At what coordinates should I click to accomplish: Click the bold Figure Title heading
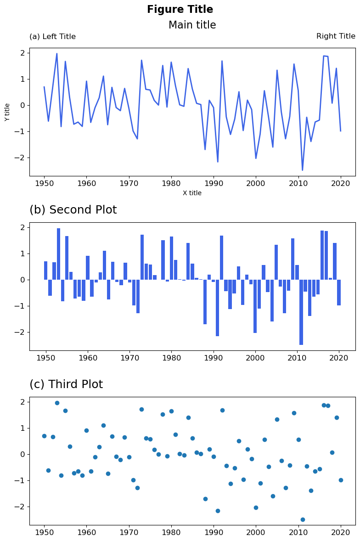(180, 10)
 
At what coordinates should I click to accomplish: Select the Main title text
(192, 25)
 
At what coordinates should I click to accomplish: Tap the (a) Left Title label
(52, 37)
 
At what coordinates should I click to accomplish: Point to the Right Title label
(336, 36)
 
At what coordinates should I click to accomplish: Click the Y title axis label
(7, 112)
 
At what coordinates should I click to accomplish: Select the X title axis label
(192, 193)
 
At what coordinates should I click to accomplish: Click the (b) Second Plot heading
(73, 210)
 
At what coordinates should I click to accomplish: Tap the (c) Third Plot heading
(66, 384)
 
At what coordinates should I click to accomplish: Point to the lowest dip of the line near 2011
(302, 170)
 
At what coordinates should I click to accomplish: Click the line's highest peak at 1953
(57, 54)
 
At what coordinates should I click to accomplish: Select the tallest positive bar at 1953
(59, 254)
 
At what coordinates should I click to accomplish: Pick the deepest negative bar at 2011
(301, 312)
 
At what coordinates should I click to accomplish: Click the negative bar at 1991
(218, 308)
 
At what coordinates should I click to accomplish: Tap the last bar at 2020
(339, 293)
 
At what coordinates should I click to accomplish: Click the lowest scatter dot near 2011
(303, 519)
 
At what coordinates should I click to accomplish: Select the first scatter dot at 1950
(44, 436)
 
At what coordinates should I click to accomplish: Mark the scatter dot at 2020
(341, 480)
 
